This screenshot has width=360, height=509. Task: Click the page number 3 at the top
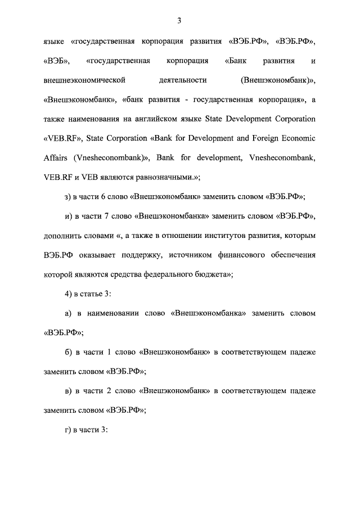[179, 21]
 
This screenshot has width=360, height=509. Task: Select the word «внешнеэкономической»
[84, 80]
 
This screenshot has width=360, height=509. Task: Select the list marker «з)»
[69, 196]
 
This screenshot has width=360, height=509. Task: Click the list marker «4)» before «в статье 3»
[69, 293]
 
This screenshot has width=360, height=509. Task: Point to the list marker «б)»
[69, 352]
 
